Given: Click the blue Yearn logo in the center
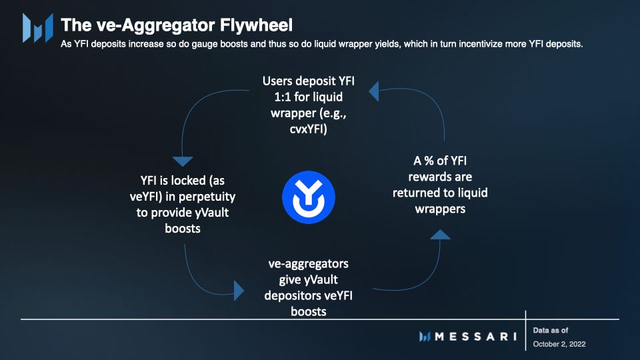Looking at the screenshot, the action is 309,197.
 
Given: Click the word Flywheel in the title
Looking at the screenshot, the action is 256,25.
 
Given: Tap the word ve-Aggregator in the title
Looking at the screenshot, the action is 156,25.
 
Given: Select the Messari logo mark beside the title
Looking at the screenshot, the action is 37,28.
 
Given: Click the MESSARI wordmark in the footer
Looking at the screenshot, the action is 475,337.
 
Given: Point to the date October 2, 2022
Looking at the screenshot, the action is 559,344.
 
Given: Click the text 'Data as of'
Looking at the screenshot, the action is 550,330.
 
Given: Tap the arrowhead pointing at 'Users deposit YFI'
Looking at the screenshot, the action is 374,91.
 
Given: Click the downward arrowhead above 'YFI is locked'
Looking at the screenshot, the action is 183,161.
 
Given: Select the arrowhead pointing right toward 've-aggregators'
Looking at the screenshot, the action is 239,291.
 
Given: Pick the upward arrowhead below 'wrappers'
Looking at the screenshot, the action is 440,234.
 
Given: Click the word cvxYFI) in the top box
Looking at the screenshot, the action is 308,129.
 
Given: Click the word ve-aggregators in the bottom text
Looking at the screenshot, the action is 308,264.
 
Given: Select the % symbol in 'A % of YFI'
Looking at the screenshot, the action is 429,161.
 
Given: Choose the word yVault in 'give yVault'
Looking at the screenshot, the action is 321,280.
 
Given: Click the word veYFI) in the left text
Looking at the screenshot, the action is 146,197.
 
